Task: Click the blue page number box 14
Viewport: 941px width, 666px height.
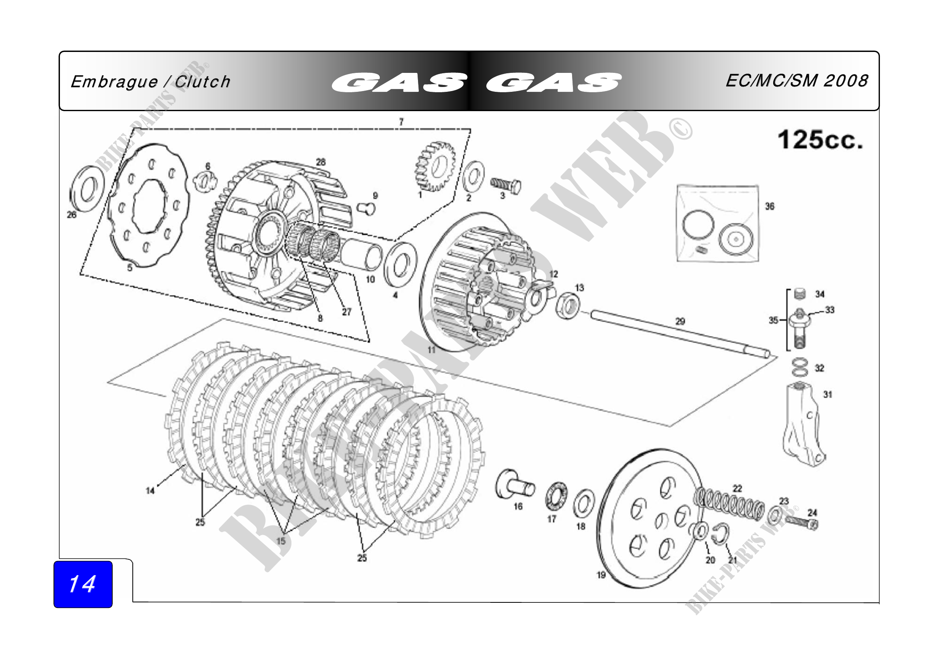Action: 83,584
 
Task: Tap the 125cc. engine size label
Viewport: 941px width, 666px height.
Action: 820,140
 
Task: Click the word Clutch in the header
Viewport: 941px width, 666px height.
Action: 202,82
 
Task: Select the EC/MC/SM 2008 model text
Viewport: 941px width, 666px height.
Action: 796,81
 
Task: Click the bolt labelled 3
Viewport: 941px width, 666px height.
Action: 506,186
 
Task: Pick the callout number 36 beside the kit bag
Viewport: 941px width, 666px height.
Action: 770,206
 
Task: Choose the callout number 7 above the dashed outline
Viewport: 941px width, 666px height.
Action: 401,122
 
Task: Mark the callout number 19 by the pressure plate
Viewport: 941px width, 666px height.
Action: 601,575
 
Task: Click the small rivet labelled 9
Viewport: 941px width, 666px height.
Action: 366,208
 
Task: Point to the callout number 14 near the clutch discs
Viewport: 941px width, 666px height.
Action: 150,490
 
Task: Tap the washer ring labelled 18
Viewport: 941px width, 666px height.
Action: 584,503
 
